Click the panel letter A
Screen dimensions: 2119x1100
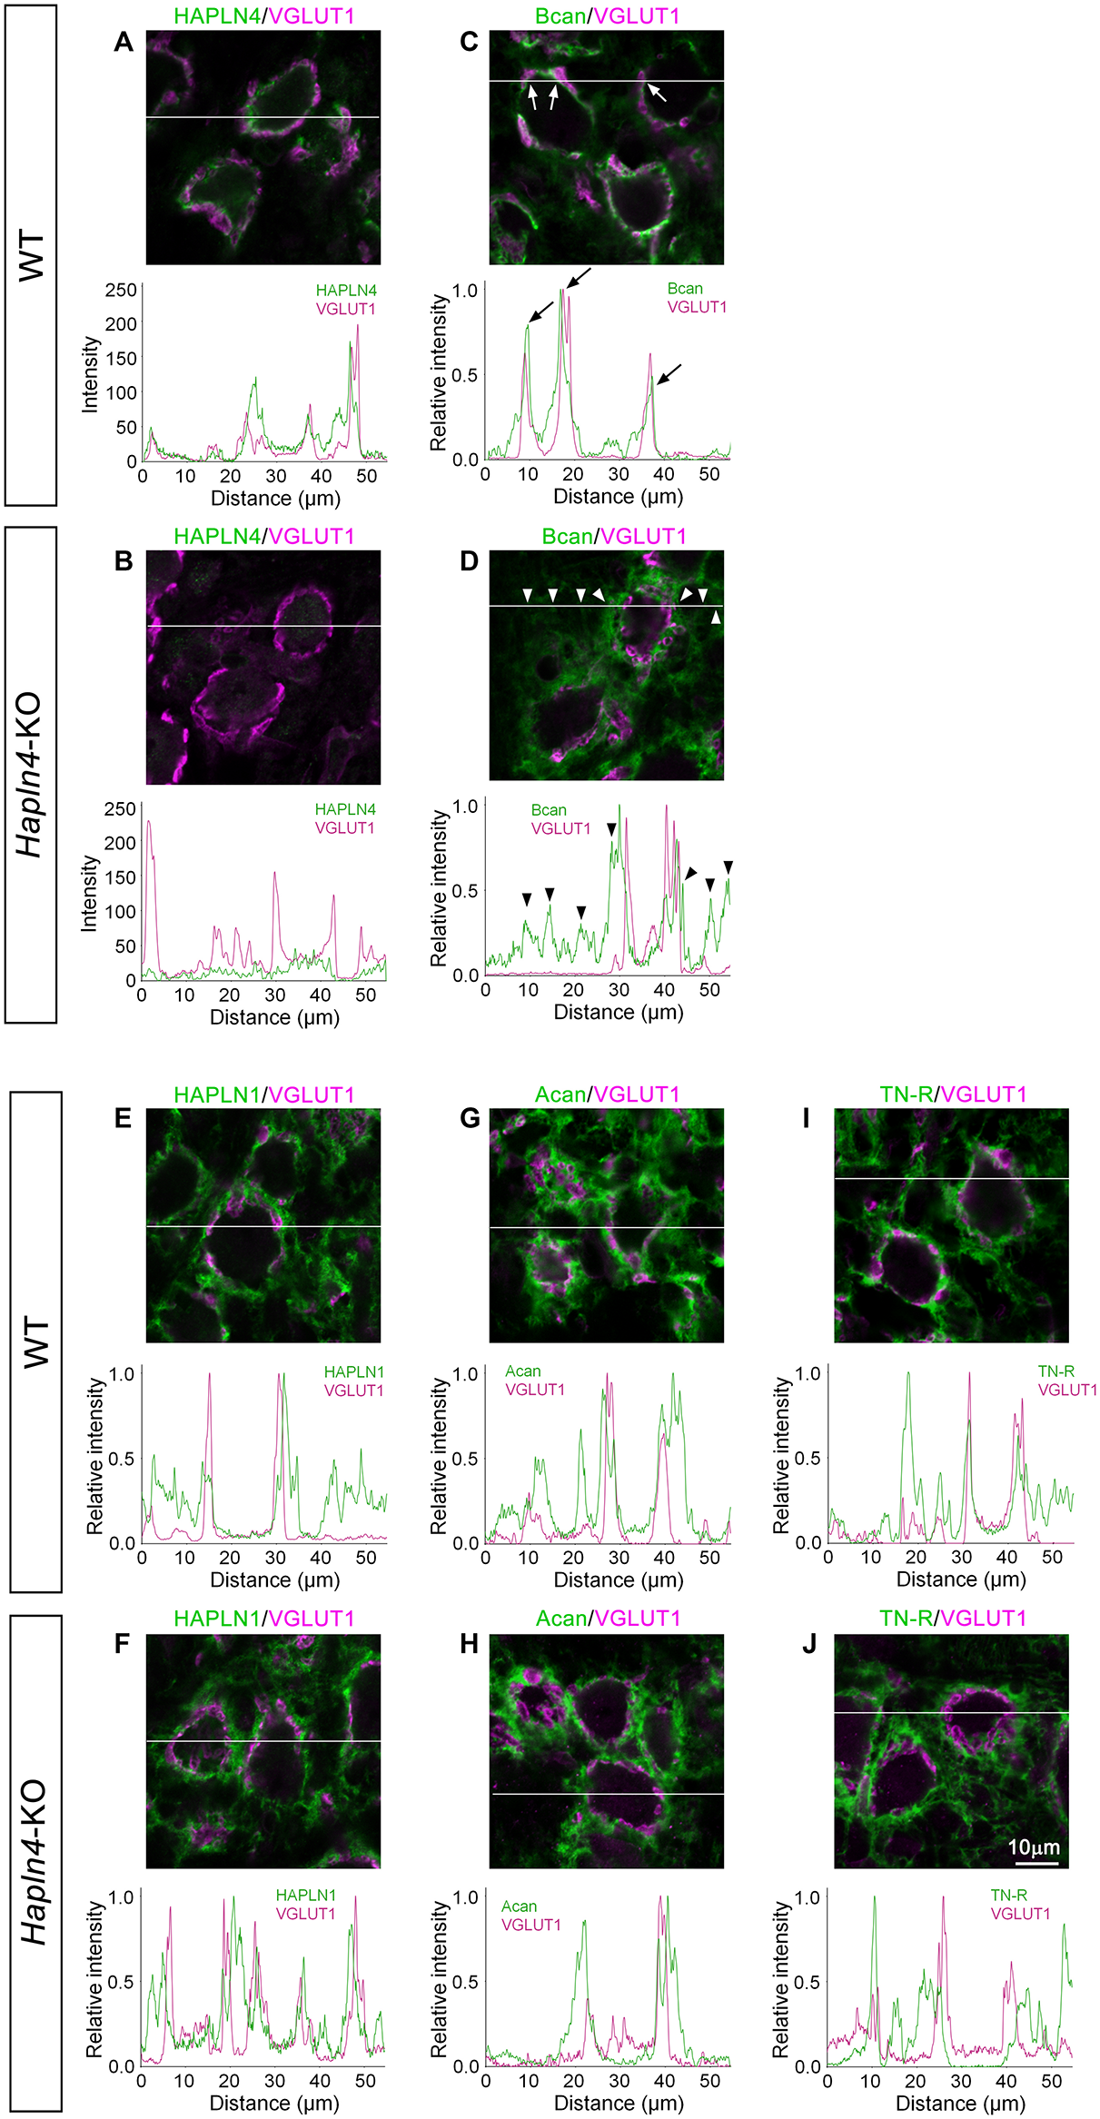click(124, 43)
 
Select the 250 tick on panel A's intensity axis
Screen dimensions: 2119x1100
click(121, 290)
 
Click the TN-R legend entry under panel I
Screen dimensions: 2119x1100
click(1055, 1371)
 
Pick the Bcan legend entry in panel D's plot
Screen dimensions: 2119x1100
click(549, 809)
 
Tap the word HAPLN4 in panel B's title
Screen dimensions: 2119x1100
click(217, 536)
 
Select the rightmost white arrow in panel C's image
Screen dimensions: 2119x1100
click(656, 92)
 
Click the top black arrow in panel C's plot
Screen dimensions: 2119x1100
click(579, 276)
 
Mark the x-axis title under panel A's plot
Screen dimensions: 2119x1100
click(275, 498)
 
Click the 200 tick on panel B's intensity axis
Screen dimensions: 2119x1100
click(120, 843)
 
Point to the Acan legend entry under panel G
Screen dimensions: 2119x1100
click(522, 1371)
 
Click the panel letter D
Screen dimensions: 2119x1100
click(469, 561)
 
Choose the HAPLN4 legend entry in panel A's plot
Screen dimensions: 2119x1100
click(346, 291)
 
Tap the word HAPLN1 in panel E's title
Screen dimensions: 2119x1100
click(217, 1094)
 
